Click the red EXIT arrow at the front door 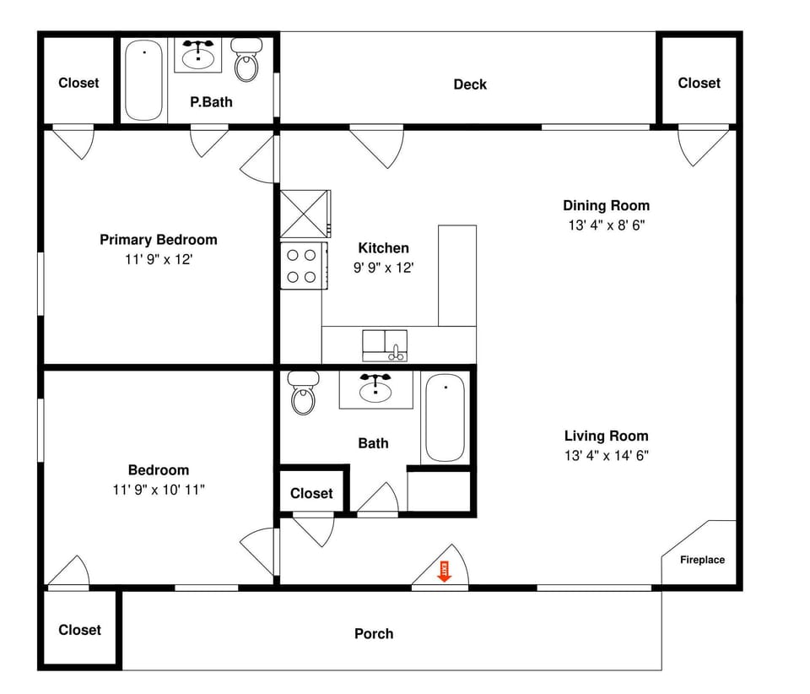pyautogui.click(x=444, y=571)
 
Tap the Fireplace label pyautogui.click(x=702, y=560)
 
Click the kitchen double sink pyautogui.click(x=385, y=344)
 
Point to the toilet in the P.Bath pyautogui.click(x=246, y=61)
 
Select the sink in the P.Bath pyautogui.click(x=198, y=55)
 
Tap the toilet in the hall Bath pyautogui.click(x=303, y=393)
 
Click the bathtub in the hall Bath pyautogui.click(x=444, y=419)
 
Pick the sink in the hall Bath pyautogui.click(x=375, y=389)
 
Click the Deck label pyautogui.click(x=470, y=84)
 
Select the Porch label pyautogui.click(x=374, y=633)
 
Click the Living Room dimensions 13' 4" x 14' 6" pyautogui.click(x=606, y=456)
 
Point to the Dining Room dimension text pyautogui.click(x=606, y=225)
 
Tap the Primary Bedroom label pyautogui.click(x=158, y=240)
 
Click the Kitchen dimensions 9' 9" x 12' pyautogui.click(x=383, y=268)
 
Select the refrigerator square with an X pyautogui.click(x=303, y=214)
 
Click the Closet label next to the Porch pyautogui.click(x=79, y=630)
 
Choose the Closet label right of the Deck pyautogui.click(x=699, y=83)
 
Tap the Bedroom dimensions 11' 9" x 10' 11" pyautogui.click(x=158, y=490)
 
